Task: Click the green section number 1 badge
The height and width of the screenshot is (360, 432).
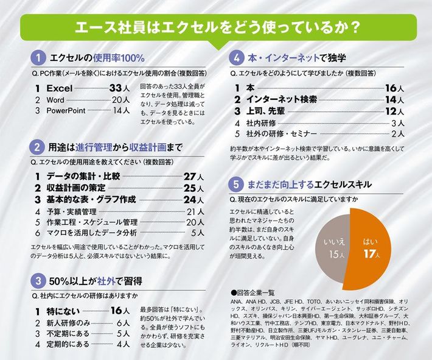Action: pyautogui.click(x=38, y=58)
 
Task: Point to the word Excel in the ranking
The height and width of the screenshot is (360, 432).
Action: pyautogui.click(x=64, y=88)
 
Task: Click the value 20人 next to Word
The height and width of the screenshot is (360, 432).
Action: pyautogui.click(x=120, y=100)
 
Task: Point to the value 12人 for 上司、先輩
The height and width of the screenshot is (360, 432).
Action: pyautogui.click(x=395, y=111)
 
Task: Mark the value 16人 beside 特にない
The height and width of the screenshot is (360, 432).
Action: pyautogui.click(x=120, y=311)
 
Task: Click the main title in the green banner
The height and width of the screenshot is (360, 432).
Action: pyautogui.click(x=215, y=27)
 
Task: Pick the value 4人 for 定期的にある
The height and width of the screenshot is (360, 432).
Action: pyautogui.click(x=123, y=345)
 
